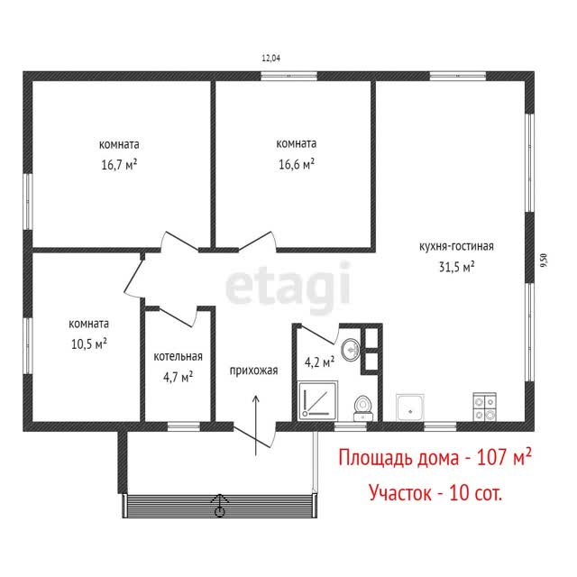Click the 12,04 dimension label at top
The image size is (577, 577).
(270, 58)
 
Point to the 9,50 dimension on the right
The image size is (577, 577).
(544, 261)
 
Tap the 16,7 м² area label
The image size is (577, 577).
(119, 164)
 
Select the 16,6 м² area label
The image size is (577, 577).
(297, 164)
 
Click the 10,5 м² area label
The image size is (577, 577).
(89, 344)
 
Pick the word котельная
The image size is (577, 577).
(179, 357)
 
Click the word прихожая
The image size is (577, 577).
(253, 371)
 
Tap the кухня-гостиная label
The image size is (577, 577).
(456, 246)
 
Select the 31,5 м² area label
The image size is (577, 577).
(457, 267)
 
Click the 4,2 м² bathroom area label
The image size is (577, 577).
(319, 362)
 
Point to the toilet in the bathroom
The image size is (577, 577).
(363, 408)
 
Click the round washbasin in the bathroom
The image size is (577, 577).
(351, 349)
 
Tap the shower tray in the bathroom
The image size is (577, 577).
(317, 400)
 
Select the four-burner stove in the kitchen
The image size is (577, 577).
(484, 407)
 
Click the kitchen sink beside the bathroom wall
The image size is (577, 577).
(410, 408)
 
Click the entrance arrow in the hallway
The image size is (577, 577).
(256, 426)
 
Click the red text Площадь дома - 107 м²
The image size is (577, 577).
(435, 458)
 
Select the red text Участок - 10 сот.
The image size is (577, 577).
(435, 492)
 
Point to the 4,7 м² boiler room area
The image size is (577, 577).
(179, 377)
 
